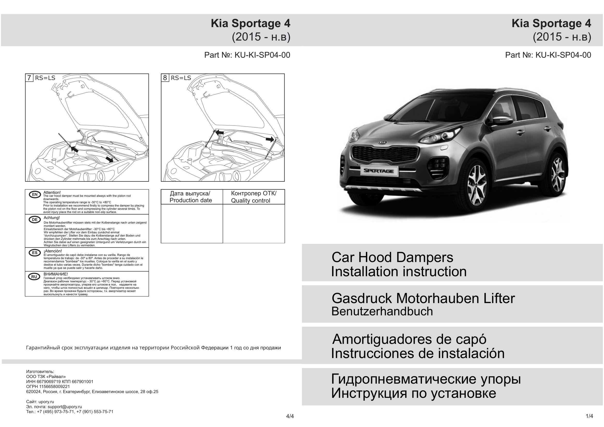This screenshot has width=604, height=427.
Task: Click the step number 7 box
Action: coord(29,78)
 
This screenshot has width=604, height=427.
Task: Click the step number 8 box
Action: coord(165,78)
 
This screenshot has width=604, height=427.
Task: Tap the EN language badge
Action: coord(35,195)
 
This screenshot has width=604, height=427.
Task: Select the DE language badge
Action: coord(35,219)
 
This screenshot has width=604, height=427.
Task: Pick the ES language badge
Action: coord(35,253)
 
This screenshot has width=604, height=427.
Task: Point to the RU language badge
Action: coord(34,277)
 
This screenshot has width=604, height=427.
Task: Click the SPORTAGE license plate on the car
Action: coord(379,171)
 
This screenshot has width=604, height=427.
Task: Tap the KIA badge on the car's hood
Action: coord(383,143)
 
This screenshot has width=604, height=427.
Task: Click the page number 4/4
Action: coord(290,416)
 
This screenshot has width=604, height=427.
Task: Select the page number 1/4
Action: coord(589,416)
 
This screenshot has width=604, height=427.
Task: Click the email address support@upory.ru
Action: coord(65,407)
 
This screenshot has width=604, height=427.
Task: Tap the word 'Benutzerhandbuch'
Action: coord(382,312)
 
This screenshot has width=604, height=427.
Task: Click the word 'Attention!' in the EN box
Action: coord(52,193)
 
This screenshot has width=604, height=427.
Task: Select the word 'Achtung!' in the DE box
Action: coord(52,218)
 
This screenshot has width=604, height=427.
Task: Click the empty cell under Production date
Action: coord(192,224)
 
